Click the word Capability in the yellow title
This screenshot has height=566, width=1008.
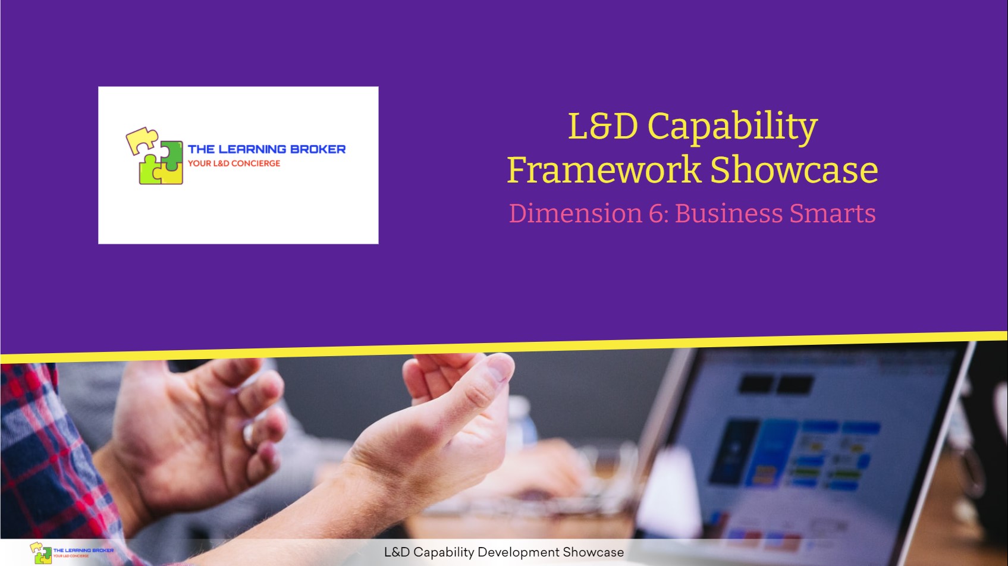(732, 127)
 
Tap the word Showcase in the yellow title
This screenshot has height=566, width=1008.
(794, 170)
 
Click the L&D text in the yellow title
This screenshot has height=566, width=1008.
(602, 126)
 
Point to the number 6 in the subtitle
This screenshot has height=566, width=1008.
(656, 213)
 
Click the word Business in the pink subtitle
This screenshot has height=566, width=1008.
(728, 213)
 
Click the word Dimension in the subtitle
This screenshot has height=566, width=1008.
(575, 213)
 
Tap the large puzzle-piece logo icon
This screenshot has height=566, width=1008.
(154, 156)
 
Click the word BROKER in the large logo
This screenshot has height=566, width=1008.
(318, 149)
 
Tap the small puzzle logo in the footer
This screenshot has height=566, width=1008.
(41, 553)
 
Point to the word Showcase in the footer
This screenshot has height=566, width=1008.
(593, 552)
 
